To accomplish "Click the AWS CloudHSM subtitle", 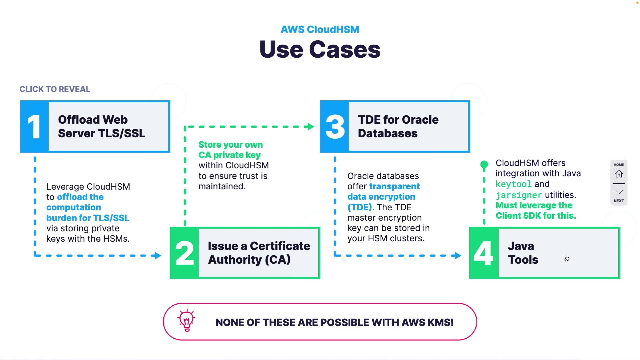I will [x=320, y=29].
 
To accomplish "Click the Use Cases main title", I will [x=320, y=49].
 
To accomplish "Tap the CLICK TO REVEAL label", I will [x=55, y=89].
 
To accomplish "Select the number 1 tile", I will [x=34, y=127].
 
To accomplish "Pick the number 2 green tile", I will [x=184, y=253].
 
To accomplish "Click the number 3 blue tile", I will [x=335, y=127].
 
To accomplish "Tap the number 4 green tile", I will [x=484, y=253].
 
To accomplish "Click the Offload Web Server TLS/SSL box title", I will [x=101, y=126].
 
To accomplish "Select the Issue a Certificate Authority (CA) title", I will [x=259, y=253].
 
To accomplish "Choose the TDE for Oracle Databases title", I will [x=398, y=126].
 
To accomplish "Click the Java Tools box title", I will [x=523, y=253].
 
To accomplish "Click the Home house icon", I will [x=619, y=174].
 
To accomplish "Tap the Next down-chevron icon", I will [x=619, y=192].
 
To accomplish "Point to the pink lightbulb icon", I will [x=187, y=320].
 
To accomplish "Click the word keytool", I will [x=513, y=184].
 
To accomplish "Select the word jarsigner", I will [x=519, y=195].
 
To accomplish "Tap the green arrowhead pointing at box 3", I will [x=311, y=127].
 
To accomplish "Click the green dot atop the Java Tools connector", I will [x=484, y=164].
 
